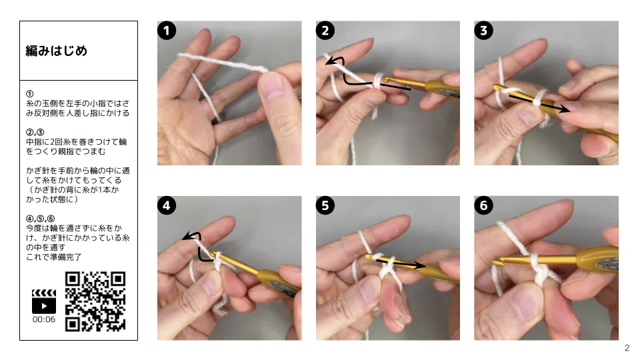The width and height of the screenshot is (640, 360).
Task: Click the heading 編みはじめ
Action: pos(56,51)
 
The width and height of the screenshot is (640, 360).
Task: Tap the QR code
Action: pos(95,301)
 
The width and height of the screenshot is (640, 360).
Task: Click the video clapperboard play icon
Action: pos(44,301)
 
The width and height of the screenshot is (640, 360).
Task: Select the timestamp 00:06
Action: pos(44,319)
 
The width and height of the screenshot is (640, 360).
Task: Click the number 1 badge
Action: pos(167,31)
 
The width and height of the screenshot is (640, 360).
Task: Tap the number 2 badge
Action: pos(325,31)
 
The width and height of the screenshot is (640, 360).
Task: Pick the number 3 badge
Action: pos(483,31)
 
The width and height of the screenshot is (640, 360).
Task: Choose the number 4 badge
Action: pos(167,205)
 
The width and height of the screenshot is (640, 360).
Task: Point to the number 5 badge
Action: pos(325,205)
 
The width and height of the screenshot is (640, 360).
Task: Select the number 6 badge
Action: pos(483,205)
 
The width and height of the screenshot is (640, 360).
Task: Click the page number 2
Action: pos(627,348)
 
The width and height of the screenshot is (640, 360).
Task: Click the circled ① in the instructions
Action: pos(30,94)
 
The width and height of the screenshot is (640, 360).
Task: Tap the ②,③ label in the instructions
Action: pos(35,132)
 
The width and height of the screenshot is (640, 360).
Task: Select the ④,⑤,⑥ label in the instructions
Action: pos(41,219)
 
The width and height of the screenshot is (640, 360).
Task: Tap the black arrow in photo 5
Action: pos(400,263)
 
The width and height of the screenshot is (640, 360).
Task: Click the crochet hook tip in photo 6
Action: pos(495,261)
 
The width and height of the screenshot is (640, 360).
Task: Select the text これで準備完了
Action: pos(54,257)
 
